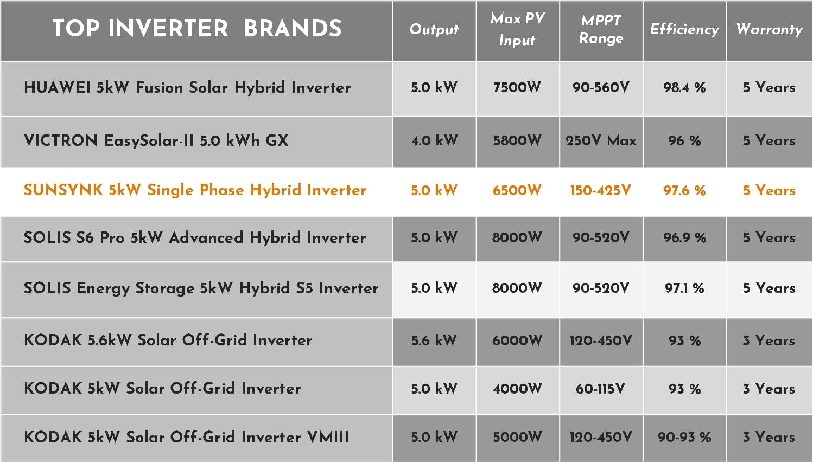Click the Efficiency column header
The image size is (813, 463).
[x=684, y=30]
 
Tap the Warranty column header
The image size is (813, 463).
[x=769, y=30]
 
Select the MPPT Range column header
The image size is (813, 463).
[x=601, y=29]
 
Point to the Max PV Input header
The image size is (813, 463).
[x=518, y=29]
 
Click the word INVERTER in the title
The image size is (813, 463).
[x=168, y=28]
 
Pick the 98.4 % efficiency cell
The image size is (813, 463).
[x=684, y=87]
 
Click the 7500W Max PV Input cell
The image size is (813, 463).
[x=517, y=87]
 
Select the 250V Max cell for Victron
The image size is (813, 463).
[x=601, y=140]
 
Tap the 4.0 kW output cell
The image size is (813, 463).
[x=434, y=140]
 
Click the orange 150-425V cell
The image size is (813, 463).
[x=600, y=190]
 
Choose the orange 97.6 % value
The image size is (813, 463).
[x=684, y=190]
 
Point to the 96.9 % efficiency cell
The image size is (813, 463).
[x=684, y=238]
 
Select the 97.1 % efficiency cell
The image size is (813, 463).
[x=684, y=288]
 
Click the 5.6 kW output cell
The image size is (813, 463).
[x=434, y=340]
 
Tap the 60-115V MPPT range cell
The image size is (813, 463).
[x=600, y=389]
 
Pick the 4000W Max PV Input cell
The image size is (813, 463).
[x=517, y=389]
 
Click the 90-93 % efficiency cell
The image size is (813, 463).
[x=684, y=438]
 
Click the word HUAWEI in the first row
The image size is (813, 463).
[x=57, y=87]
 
